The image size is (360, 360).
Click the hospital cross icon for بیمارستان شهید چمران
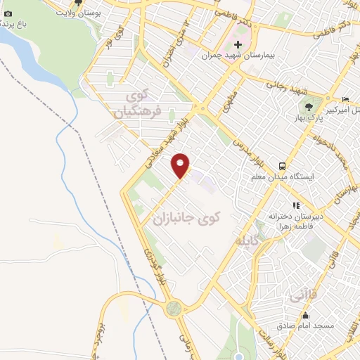(238, 44)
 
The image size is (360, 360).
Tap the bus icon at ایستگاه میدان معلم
(282, 166)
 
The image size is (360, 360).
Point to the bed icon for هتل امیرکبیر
(345, 99)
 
